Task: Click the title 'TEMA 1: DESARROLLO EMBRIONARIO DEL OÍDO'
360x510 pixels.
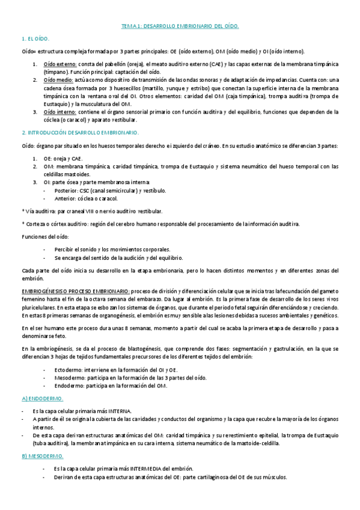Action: [180, 26]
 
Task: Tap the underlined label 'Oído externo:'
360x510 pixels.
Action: [59, 63]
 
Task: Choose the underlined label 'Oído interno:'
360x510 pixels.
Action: [59, 111]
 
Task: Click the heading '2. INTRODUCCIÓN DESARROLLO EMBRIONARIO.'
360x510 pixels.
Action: [79, 132]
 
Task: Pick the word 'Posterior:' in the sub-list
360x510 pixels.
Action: [66, 190]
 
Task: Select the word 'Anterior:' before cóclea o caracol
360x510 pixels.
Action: [65, 198]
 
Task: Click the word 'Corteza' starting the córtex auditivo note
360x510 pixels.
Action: [34, 224]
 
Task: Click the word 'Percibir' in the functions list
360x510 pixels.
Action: [64, 249]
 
